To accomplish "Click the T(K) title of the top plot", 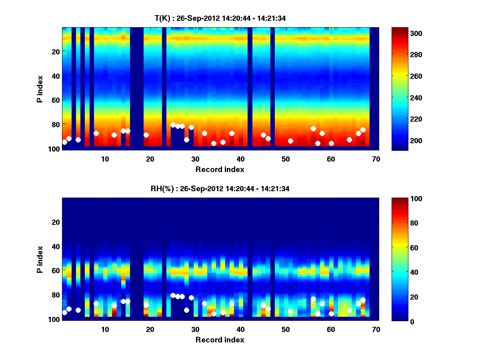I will tap(220, 18).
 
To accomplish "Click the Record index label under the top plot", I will tap(220, 169).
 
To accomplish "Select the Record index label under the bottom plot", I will tap(220, 340).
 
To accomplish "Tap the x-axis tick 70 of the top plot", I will tap(376, 159).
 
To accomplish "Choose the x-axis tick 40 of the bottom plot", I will tap(240, 329).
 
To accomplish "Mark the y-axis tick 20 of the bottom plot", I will tap(56, 222).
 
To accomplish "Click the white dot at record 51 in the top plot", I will tap(290, 141).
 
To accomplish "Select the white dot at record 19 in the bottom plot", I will tap(146, 305).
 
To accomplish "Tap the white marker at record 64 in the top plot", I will tap(349, 140).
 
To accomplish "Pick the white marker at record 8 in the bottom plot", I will tap(96, 304).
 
